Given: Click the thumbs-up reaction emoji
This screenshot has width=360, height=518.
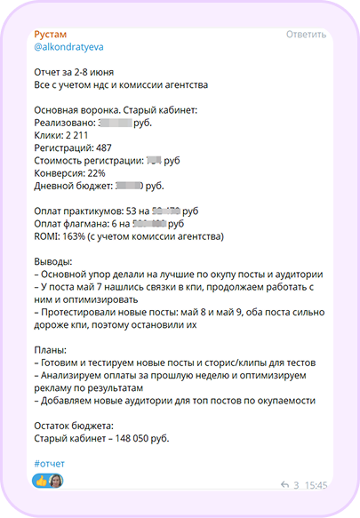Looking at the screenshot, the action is coord(41,482).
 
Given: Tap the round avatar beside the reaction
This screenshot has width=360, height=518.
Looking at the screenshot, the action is coord(56,482).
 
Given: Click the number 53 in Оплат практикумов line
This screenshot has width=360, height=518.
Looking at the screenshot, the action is coord(134,211).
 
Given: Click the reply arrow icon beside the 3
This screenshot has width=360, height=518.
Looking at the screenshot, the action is coord(284,486).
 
